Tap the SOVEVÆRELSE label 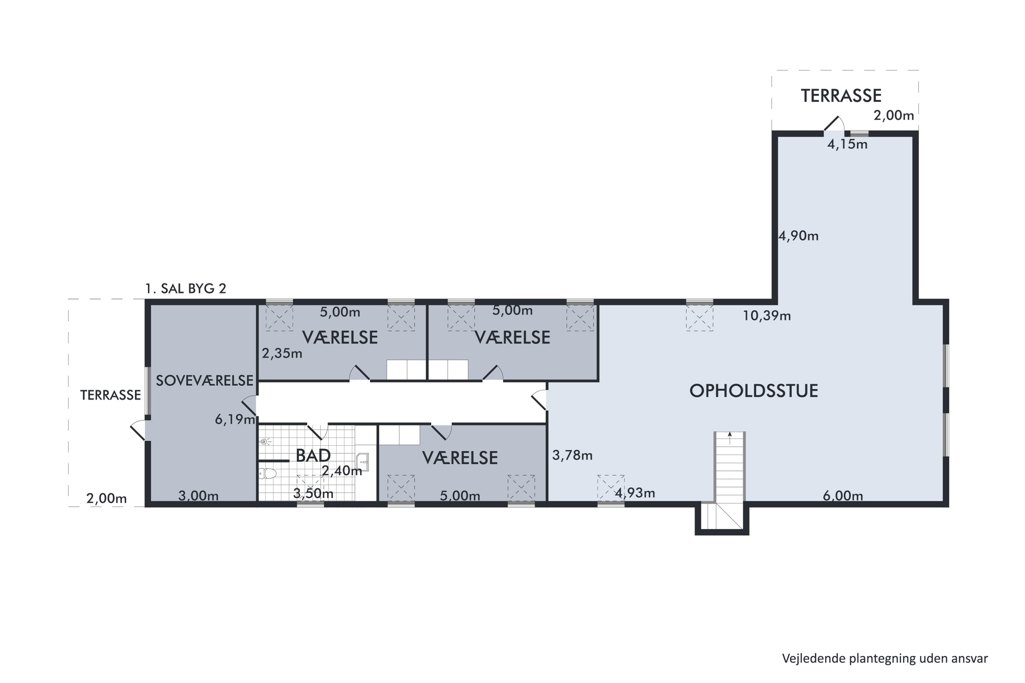pos(204,381)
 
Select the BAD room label pos(313,456)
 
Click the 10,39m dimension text pos(767,316)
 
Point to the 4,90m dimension pos(798,236)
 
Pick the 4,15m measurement pos(847,144)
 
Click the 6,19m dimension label pos(235,419)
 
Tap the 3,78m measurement pos(572,455)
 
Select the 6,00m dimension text pos(843,496)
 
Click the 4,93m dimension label pos(635,493)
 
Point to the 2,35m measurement pos(282,353)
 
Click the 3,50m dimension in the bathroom pos(313,493)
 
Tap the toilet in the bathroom pos(268,473)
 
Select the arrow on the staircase pos(730,438)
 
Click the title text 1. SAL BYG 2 pos(186,289)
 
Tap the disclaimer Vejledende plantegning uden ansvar pos(885,659)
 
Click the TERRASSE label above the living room pos(841,96)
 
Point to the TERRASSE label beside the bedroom pos(110,395)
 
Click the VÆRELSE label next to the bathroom pos(460,458)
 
